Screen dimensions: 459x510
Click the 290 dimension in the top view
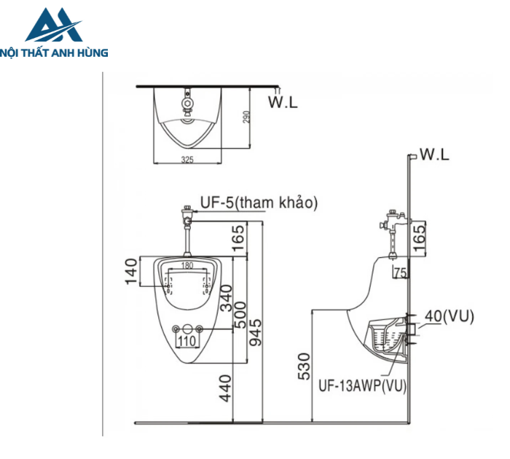pyautogui.click(x=247, y=117)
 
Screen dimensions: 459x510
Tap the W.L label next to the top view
pyautogui.click(x=283, y=103)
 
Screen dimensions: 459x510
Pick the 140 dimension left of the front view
pyautogui.click(x=132, y=272)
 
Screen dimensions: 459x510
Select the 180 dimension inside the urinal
pyautogui.click(x=187, y=265)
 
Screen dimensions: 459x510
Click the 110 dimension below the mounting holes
pyautogui.click(x=187, y=340)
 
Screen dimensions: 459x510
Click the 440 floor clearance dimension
pyautogui.click(x=227, y=388)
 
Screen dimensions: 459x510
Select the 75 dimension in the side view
pyautogui.click(x=399, y=273)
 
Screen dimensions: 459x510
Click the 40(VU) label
pyautogui.click(x=449, y=315)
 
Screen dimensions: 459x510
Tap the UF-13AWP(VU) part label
pyautogui.click(x=363, y=385)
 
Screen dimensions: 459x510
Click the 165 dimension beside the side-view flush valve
pyautogui.click(x=418, y=238)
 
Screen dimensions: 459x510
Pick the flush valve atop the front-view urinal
pyautogui.click(x=188, y=216)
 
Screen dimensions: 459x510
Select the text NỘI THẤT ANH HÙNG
pyautogui.click(x=55, y=52)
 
